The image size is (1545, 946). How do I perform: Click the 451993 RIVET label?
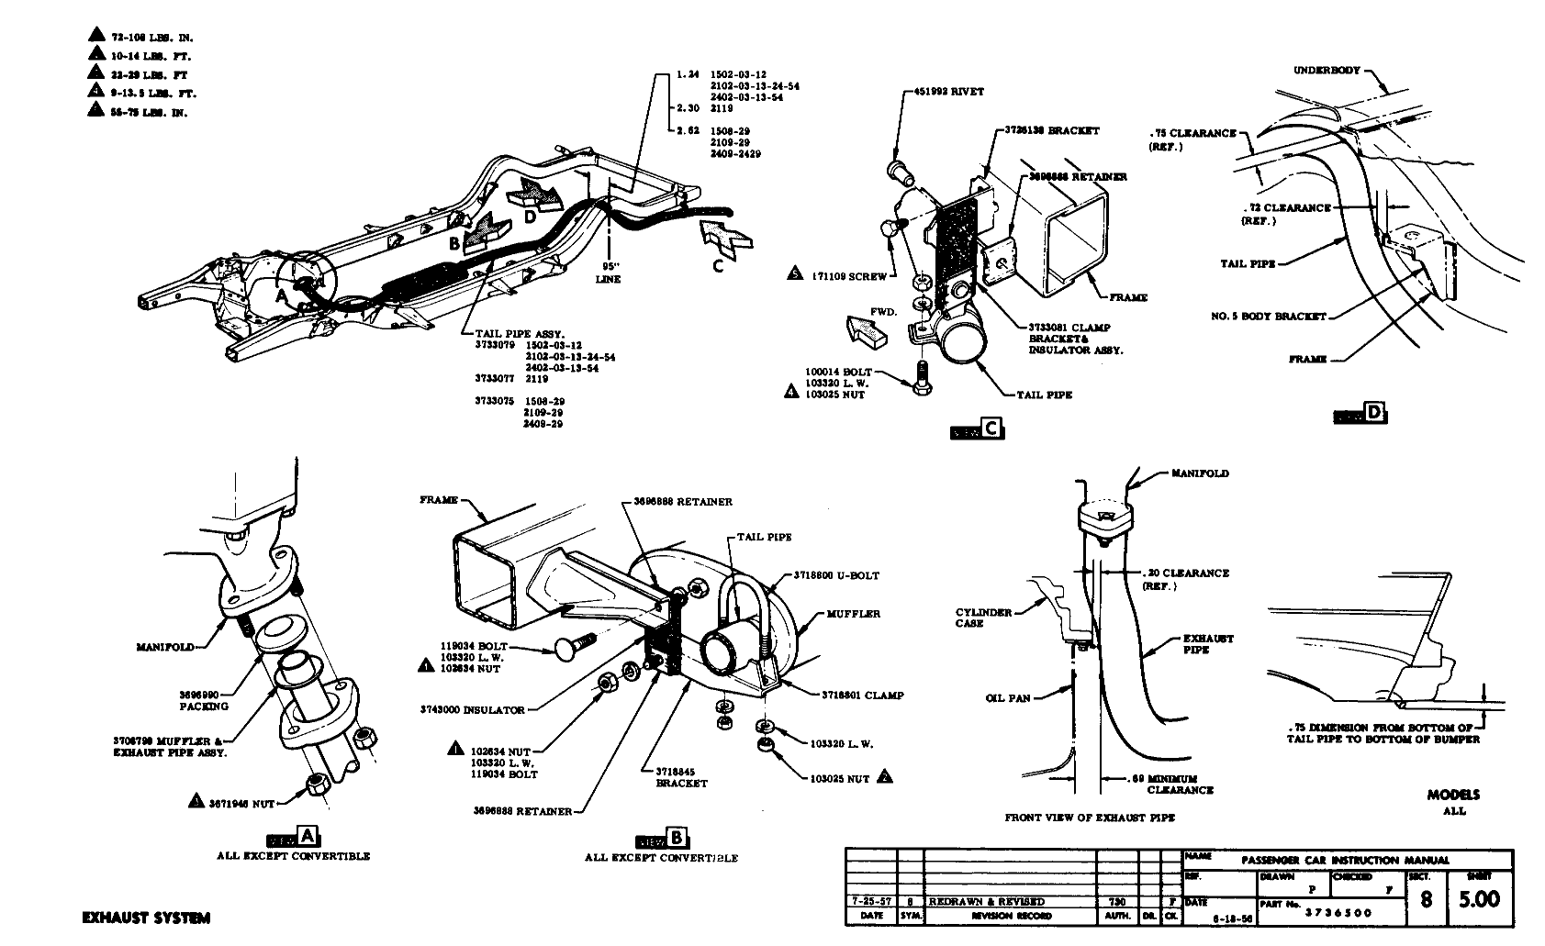click(949, 92)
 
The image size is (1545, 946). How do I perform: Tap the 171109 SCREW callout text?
click(848, 275)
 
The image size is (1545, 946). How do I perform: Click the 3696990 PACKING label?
click(204, 700)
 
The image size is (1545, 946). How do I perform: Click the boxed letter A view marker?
click(308, 836)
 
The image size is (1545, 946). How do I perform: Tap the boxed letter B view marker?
click(677, 838)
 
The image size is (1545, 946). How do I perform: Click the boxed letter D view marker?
click(1373, 414)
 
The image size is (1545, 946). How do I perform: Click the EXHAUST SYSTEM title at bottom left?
click(146, 918)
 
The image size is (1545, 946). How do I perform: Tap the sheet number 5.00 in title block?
click(1480, 899)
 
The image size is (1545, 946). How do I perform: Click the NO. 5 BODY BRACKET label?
click(1269, 317)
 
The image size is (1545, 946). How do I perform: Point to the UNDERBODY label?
click(1327, 71)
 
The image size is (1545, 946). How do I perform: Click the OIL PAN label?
click(1006, 698)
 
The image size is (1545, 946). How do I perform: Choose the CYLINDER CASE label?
click(982, 618)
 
